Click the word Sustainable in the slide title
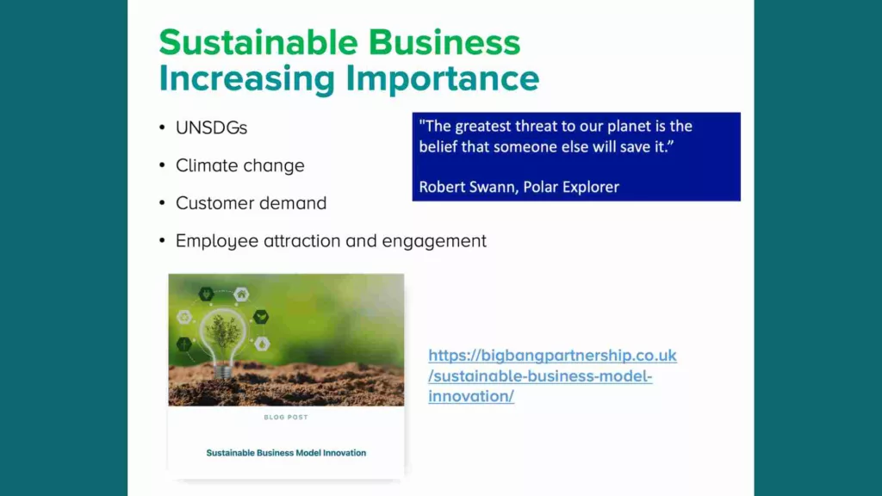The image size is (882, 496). pos(258,42)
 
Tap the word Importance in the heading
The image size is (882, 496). pos(443,78)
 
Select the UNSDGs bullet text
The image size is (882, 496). pos(212,127)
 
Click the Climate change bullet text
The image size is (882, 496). pos(240,166)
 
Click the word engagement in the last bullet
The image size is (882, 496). pos(434,241)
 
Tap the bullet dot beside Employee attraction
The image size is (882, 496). pos(162,241)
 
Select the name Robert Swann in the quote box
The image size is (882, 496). pos(468,187)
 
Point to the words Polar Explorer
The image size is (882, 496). pos(571,187)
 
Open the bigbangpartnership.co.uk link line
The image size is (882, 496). pos(552,356)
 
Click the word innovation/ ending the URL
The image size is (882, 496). pos(471,396)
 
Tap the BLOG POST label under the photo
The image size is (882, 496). pos(286,418)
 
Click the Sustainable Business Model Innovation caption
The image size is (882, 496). pos(286,453)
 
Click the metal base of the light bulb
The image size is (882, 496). pos(223,371)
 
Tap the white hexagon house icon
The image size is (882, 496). pos(241,294)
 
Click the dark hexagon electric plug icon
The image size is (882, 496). pos(206,294)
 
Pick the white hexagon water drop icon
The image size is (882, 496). pos(262,344)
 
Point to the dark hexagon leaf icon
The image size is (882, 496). pos(260,317)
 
